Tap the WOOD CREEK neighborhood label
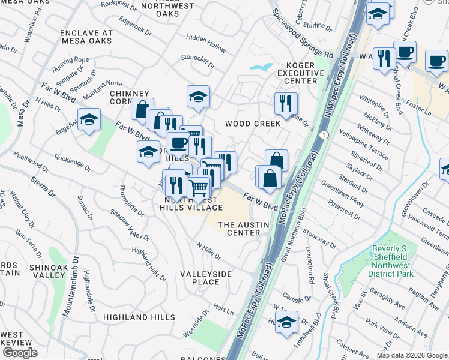[253, 124]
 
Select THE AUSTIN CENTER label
[239, 229]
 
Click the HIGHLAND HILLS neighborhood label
[134, 317]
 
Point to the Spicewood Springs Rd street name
[302, 33]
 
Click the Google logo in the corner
[19, 352]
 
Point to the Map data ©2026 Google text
[412, 355]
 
